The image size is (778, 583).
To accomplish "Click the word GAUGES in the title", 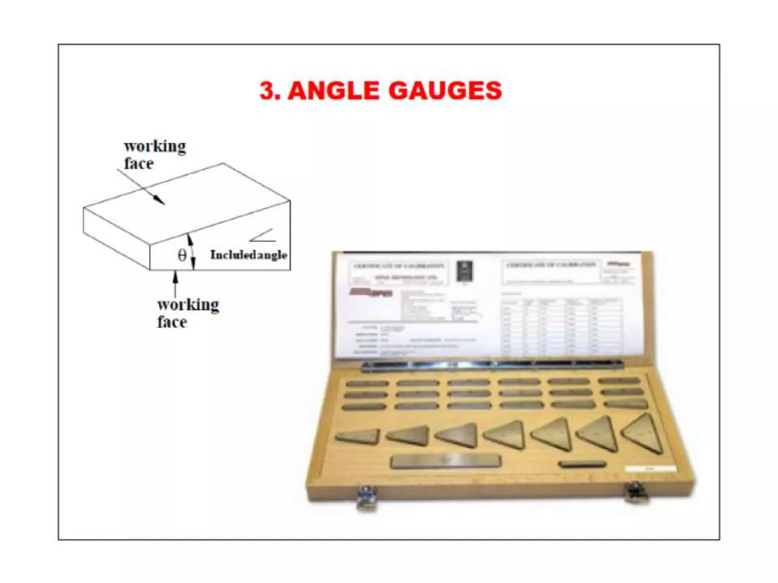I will pos(445,91).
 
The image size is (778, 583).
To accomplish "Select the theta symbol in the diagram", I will pos(182,255).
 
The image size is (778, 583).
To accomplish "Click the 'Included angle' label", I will pos(248,255).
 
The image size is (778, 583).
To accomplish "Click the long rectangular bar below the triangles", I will pos(446,461).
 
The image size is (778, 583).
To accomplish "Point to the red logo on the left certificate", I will pos(371,292).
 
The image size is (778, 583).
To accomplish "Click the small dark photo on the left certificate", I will pos(464,271).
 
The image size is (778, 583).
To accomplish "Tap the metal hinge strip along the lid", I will pos(492,365).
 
